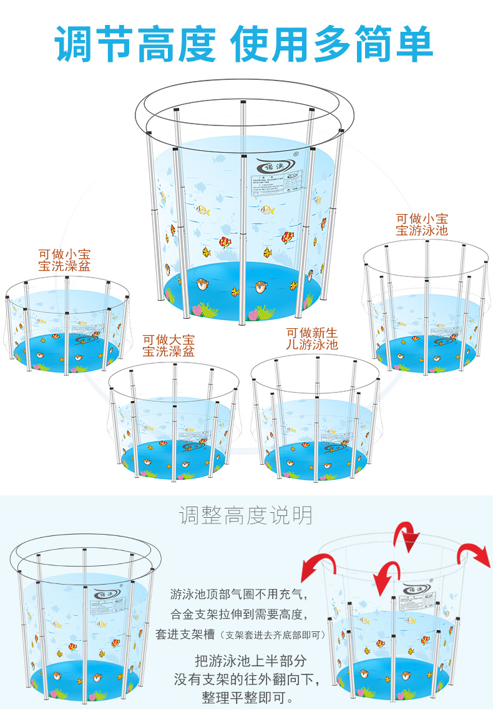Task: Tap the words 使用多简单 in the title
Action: click(x=332, y=44)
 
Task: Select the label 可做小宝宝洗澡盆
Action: click(x=64, y=260)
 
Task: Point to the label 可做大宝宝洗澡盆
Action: click(x=168, y=346)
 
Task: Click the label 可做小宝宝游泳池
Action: click(x=422, y=225)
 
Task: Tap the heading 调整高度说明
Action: click(x=246, y=515)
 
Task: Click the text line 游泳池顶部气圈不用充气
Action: click(x=239, y=594)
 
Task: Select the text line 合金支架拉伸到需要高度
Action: click(x=239, y=614)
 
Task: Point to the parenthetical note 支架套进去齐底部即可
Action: click(x=275, y=635)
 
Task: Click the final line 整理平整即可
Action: click(x=248, y=697)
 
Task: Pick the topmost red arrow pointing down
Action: click(x=408, y=536)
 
